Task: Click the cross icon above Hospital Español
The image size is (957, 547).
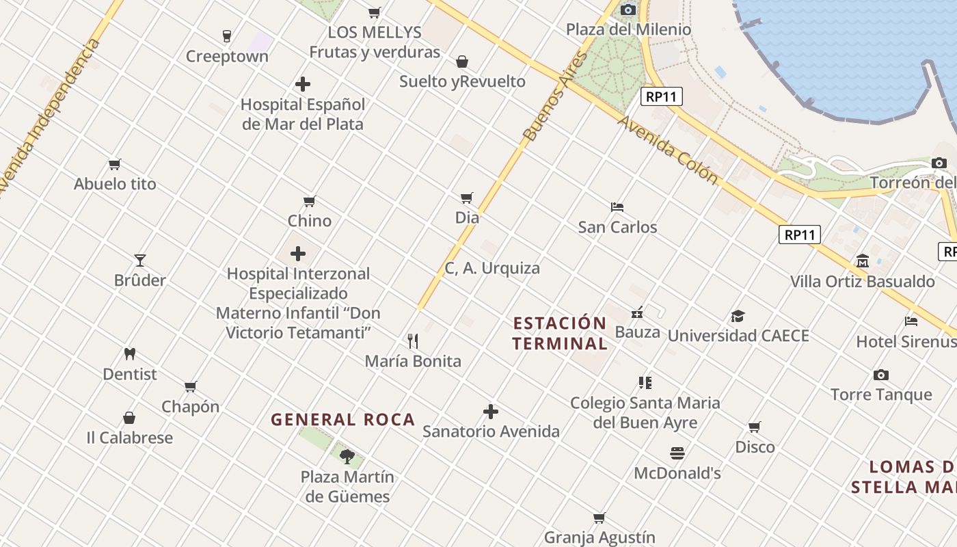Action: tap(303, 84)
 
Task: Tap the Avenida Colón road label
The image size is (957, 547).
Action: tap(668, 150)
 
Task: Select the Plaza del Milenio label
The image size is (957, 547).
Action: tap(628, 29)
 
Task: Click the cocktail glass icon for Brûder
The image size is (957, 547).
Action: tap(140, 260)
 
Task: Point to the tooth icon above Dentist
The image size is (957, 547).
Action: tap(130, 353)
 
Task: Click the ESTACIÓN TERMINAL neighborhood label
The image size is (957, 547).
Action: tap(560, 333)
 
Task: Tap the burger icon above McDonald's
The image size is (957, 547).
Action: tap(677, 453)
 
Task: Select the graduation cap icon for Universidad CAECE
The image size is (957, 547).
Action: tap(738, 316)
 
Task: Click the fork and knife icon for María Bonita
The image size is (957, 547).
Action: tap(413, 341)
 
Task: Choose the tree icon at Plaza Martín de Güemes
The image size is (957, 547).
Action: tap(347, 456)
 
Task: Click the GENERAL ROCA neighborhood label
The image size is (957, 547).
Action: tap(342, 419)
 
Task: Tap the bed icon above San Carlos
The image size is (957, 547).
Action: tap(617, 206)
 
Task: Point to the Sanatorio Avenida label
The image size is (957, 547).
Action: tap(491, 431)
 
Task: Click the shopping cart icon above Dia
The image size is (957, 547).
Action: tap(467, 198)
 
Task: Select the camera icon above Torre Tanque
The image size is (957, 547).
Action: tap(881, 375)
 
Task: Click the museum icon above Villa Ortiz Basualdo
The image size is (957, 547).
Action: tap(863, 261)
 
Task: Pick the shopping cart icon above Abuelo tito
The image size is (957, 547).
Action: tap(115, 164)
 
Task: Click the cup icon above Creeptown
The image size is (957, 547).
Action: tap(227, 36)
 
